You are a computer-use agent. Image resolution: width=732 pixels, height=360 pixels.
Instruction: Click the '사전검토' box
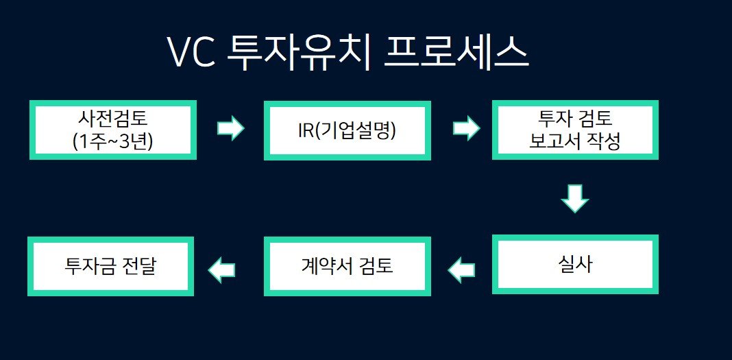click(x=113, y=130)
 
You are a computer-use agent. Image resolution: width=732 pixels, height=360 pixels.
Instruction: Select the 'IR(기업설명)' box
click(x=347, y=130)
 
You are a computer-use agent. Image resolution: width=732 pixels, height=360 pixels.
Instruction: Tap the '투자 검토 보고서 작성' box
click(x=575, y=130)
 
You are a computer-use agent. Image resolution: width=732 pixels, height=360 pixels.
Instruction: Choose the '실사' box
click(x=575, y=264)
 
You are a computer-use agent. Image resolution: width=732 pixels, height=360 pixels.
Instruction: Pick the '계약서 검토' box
click(x=347, y=266)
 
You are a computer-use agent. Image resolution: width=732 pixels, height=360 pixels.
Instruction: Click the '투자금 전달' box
click(x=110, y=266)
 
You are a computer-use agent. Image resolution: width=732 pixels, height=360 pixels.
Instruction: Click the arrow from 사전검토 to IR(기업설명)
click(x=230, y=128)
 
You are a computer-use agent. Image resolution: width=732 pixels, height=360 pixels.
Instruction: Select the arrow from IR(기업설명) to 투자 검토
click(x=466, y=128)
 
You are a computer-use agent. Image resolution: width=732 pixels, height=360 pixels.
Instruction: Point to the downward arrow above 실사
click(x=574, y=199)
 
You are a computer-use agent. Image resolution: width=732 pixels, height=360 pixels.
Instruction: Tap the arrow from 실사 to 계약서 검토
click(x=461, y=270)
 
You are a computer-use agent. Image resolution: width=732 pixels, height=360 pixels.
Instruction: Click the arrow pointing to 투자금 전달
click(x=221, y=270)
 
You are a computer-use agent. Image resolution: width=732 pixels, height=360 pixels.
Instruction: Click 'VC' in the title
click(x=191, y=52)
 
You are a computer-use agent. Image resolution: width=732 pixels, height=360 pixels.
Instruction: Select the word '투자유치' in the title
click(x=300, y=53)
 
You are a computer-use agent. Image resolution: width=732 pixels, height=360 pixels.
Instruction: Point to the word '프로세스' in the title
click(x=456, y=53)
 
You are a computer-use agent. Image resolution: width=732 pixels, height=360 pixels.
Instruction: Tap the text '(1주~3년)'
click(x=113, y=141)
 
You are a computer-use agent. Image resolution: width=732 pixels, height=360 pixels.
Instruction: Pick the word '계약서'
click(x=326, y=266)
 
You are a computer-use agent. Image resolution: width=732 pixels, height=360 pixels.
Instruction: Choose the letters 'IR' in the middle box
click(x=306, y=131)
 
